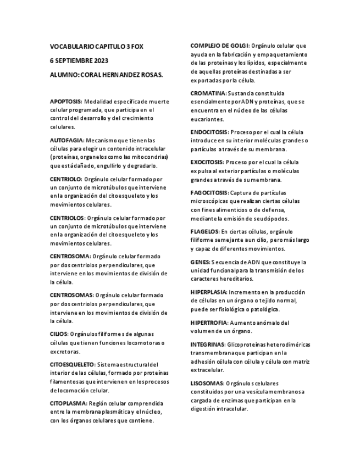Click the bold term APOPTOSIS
tap(66, 102)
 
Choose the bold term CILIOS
tap(59, 334)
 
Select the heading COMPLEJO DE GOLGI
tap(220, 46)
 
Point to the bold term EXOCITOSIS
tap(207, 163)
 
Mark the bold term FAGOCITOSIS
tap(209, 193)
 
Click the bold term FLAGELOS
tap(204, 232)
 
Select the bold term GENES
tap(200, 262)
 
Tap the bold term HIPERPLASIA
tap(209, 292)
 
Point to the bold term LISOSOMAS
tap(207, 383)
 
